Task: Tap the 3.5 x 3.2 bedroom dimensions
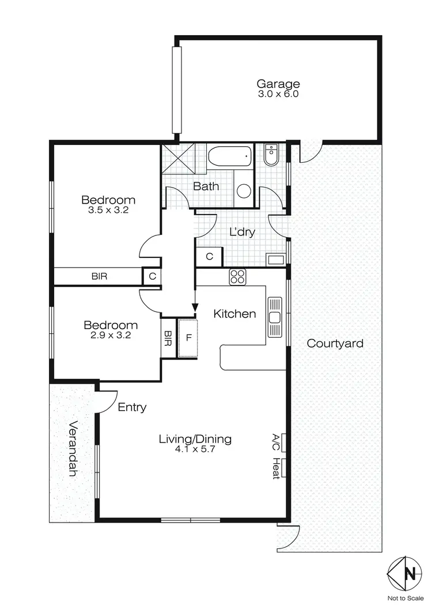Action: point(108,211)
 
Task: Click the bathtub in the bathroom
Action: point(230,157)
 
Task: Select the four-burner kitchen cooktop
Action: point(238,277)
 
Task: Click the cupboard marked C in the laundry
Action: point(209,256)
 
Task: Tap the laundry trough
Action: point(276,259)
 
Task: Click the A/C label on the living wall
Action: point(276,442)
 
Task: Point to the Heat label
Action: point(276,468)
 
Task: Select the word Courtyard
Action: point(335,344)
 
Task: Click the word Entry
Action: point(132,407)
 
